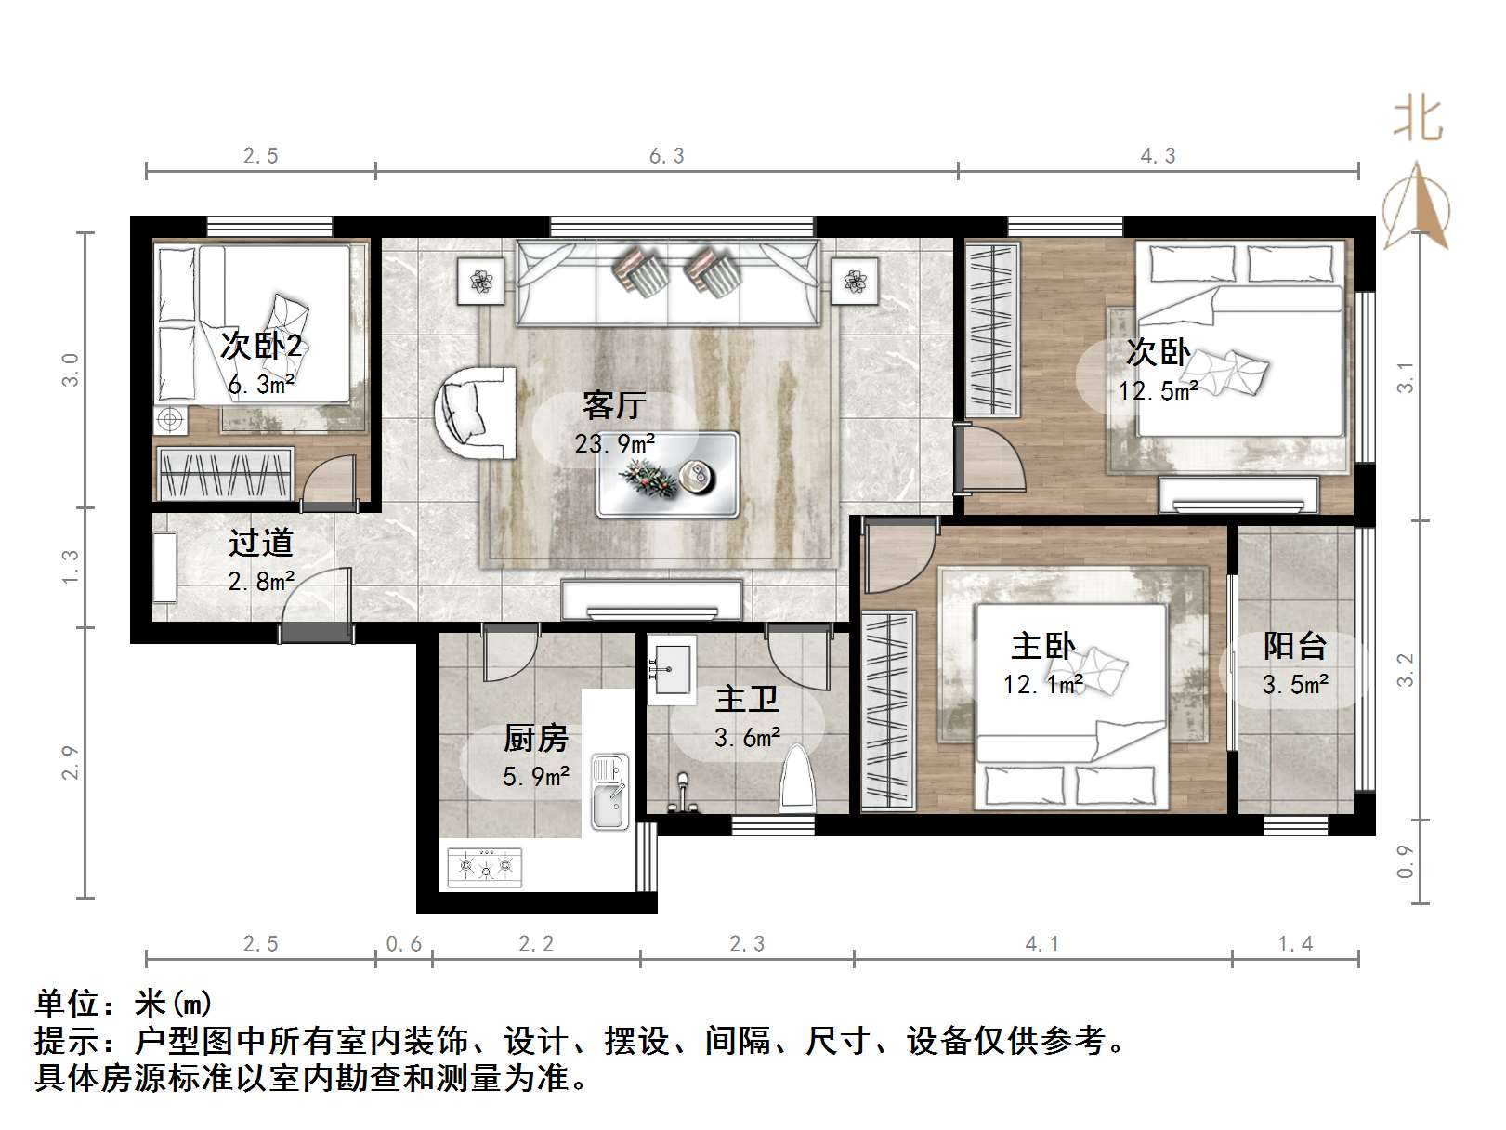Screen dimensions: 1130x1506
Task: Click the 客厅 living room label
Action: tap(614, 406)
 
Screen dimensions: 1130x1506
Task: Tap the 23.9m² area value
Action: tap(614, 444)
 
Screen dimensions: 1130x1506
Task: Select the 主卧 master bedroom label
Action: tap(1042, 647)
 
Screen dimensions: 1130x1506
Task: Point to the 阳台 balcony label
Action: tap(1294, 646)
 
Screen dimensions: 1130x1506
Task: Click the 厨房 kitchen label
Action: tap(536, 739)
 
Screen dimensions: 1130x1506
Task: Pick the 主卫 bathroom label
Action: tap(747, 699)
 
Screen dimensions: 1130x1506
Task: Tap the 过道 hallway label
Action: tap(261, 543)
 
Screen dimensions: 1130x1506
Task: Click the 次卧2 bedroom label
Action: tap(261, 347)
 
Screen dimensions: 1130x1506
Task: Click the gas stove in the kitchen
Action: tap(484, 867)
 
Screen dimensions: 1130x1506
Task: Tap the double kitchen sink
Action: tap(609, 793)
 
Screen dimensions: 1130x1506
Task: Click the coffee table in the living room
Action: tap(667, 474)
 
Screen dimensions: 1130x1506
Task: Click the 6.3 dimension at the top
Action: tap(666, 156)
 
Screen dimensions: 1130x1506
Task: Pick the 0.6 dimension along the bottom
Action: tap(403, 944)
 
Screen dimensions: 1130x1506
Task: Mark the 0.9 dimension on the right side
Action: tap(1405, 861)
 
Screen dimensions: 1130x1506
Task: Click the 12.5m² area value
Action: tap(1158, 391)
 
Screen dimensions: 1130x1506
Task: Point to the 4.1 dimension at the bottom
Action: tap(1042, 944)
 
